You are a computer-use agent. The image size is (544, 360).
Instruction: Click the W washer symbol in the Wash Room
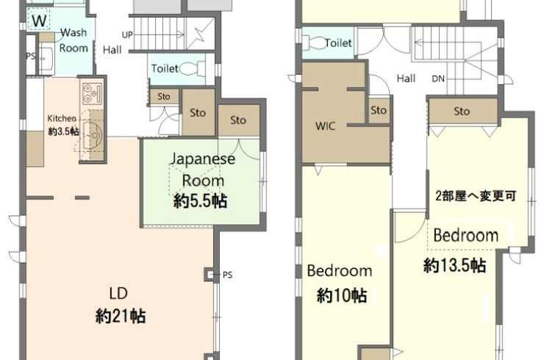39,20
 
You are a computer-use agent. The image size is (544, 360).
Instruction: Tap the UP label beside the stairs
127,35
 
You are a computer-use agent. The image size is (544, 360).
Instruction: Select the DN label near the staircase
438,79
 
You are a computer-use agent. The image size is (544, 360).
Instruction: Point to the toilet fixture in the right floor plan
314,43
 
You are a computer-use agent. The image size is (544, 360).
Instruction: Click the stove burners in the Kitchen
92,94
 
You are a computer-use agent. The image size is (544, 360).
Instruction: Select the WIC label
325,126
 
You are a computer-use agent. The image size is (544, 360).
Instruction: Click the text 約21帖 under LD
121,316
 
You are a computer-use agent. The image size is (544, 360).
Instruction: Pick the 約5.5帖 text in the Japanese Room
201,201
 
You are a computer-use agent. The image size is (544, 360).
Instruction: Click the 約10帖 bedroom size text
342,295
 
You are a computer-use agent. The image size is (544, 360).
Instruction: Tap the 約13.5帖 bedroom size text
454,265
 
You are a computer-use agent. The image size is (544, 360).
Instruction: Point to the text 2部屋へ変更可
476,195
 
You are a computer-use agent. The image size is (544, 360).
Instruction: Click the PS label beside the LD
228,275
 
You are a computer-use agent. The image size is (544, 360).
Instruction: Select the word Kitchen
62,118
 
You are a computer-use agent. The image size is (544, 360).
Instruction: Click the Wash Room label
74,40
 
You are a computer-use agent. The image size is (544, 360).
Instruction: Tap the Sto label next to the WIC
378,110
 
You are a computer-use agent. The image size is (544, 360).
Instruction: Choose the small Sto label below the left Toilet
164,96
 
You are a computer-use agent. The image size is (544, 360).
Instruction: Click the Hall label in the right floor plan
407,79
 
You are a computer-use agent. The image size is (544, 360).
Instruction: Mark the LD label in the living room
118,293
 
